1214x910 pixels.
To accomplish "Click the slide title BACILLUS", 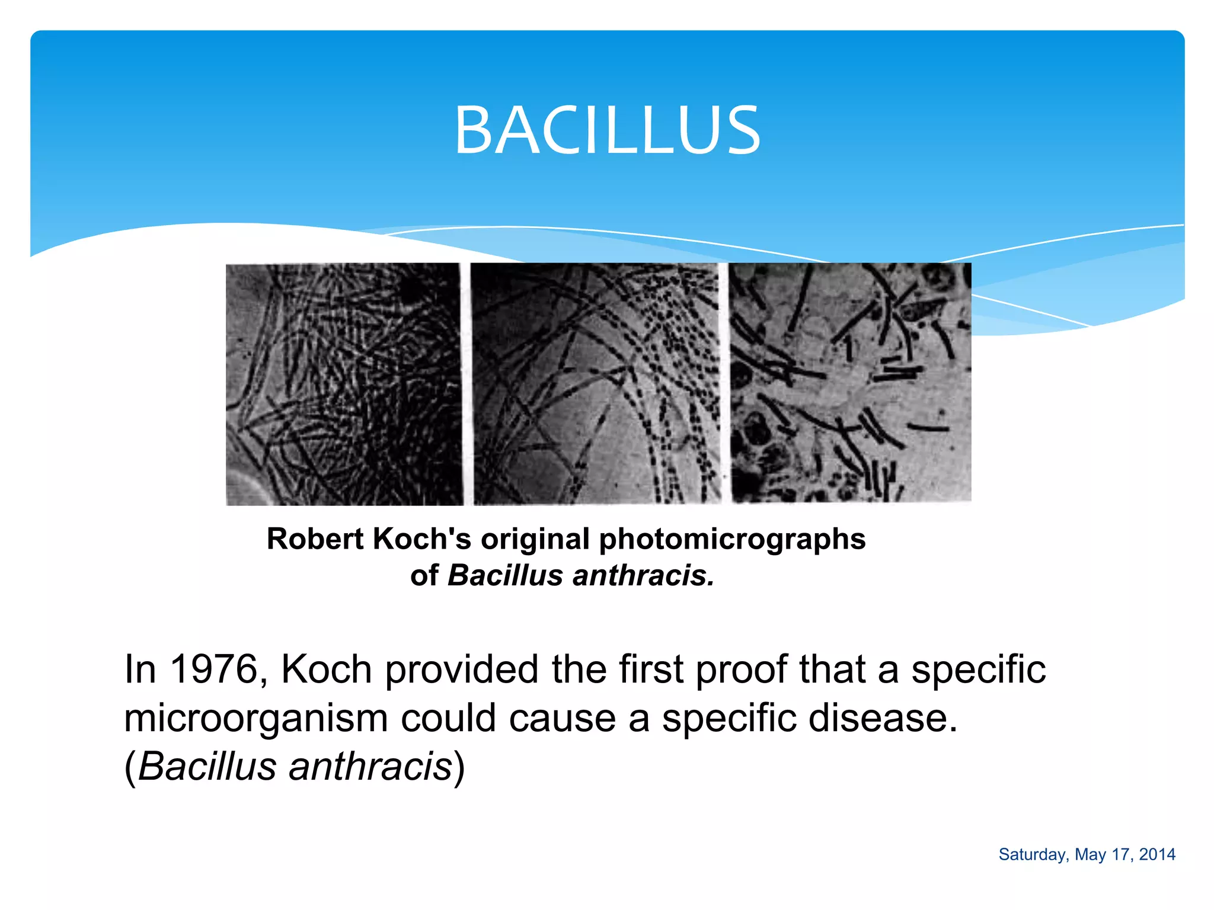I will pos(607,130).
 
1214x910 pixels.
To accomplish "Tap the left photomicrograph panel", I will pos(344,384).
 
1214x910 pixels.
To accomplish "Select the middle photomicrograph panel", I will pos(596,384).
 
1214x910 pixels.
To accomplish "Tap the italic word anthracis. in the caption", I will pos(644,576).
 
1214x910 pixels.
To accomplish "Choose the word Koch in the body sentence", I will pos(326,669).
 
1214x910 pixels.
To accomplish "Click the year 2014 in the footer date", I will pos(1157,854).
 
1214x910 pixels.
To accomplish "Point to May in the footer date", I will pos(1090,855).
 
